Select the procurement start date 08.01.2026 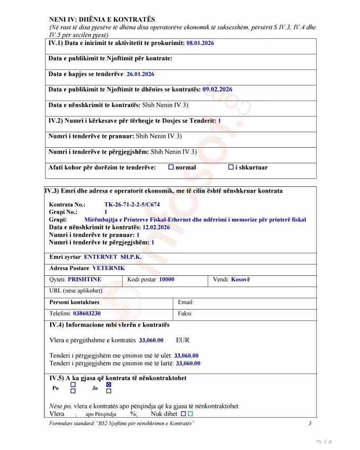tap(200, 43)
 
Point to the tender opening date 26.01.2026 tap(140, 74)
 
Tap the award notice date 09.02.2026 tap(217, 89)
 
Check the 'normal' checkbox tap(171, 167)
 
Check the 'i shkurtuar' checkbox tap(231, 167)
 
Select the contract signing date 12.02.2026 tap(160, 227)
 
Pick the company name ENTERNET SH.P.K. tap(113, 257)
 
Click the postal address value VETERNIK tap(109, 268)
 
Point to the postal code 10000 tap(166, 279)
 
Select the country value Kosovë tap(240, 279)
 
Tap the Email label tap(186, 302)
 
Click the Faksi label tap(185, 313)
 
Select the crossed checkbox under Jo tap(109, 385)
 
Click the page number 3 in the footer tap(310, 423)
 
